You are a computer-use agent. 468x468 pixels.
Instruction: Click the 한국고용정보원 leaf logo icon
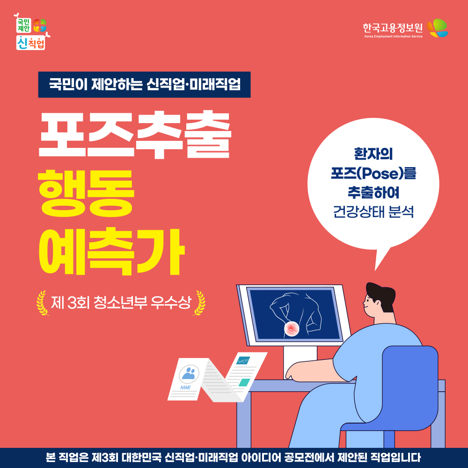(438, 28)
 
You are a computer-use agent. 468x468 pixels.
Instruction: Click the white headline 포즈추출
(135, 135)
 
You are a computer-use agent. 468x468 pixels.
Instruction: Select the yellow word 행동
(86, 193)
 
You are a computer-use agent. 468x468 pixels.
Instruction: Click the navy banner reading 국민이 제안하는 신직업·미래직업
(144, 84)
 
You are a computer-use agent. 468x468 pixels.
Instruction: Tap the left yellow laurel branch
(42, 303)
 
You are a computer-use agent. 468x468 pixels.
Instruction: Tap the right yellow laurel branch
(199, 303)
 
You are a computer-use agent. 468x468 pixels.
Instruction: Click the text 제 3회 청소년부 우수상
(121, 303)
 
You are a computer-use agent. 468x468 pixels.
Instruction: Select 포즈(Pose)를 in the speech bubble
(373, 174)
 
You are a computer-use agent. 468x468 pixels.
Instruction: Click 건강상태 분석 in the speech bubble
(373, 212)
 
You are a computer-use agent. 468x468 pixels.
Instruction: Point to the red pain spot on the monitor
(292, 329)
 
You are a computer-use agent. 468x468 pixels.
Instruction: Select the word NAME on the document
(185, 388)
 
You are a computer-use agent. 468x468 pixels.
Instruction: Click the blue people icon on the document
(189, 373)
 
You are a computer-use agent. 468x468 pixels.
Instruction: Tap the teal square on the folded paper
(244, 382)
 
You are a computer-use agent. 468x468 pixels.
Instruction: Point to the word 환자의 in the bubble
(373, 154)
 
